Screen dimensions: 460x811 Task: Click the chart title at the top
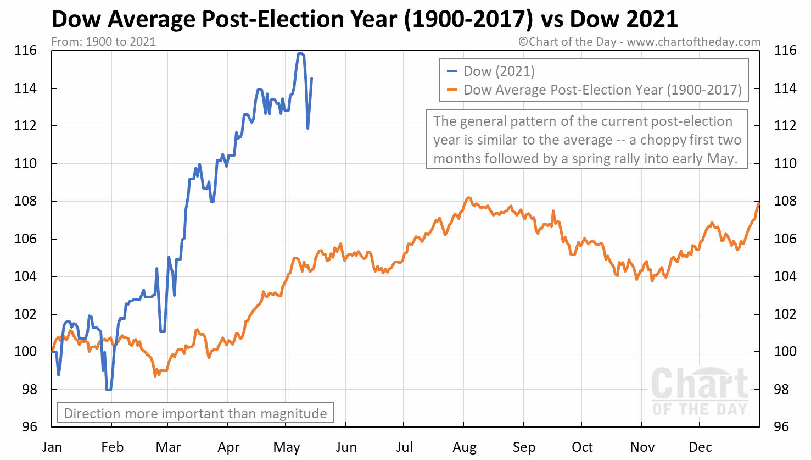(365, 20)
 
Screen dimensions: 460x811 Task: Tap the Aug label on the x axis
(465, 447)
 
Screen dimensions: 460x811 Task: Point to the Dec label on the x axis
(700, 447)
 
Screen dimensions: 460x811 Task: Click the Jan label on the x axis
(52, 447)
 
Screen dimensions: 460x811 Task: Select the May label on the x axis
(286, 447)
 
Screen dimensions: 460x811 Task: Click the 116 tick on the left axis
(25, 51)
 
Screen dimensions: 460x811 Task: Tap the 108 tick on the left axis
(25, 201)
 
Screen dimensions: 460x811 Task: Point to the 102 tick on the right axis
(785, 314)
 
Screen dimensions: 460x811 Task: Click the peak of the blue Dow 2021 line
(300, 54)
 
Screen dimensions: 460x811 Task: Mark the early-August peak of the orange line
(468, 198)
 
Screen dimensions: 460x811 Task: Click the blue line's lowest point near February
(109, 390)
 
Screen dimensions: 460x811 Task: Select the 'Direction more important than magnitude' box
(195, 413)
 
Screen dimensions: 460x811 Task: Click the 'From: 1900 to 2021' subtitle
(103, 42)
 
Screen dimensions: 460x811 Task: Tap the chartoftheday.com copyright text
(640, 42)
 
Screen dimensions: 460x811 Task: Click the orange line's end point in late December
(759, 204)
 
